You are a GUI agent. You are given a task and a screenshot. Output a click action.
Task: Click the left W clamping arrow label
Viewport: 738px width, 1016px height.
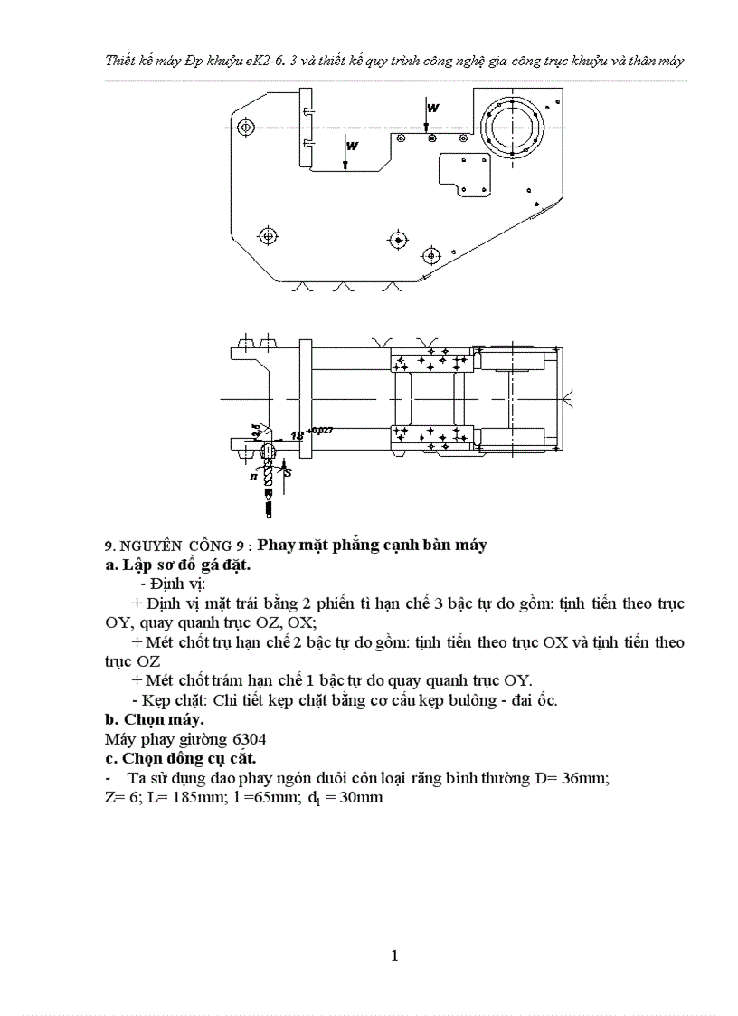tap(352, 145)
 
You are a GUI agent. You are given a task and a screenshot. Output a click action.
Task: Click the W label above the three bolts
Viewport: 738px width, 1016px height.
tap(433, 108)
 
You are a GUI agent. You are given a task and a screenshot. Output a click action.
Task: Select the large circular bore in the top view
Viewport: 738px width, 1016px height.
tap(512, 128)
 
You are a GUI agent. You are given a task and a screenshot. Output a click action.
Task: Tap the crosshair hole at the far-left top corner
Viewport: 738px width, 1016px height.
tap(245, 126)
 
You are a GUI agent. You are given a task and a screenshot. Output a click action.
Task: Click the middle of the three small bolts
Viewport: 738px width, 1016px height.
tap(433, 138)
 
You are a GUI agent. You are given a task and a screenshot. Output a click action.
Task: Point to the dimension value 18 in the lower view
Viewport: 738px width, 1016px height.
tap(296, 436)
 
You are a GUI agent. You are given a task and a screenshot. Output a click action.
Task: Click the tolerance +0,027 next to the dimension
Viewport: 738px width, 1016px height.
tap(320, 431)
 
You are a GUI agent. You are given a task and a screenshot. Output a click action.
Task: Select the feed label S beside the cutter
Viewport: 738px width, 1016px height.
tap(289, 472)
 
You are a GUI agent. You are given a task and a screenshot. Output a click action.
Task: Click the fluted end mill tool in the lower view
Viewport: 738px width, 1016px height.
tap(269, 480)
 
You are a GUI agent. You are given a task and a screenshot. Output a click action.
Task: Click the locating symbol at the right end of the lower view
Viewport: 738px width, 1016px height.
tap(567, 395)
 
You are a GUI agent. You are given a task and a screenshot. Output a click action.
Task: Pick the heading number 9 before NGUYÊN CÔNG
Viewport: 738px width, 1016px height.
tap(109, 546)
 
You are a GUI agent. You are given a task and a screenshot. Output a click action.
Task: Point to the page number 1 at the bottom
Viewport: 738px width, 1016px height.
tap(394, 956)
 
